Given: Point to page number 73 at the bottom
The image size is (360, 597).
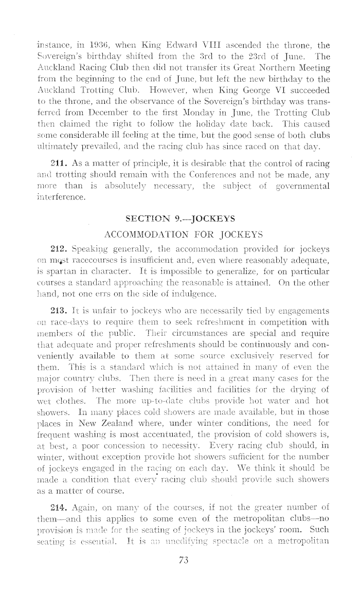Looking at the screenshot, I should pos(181,532).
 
